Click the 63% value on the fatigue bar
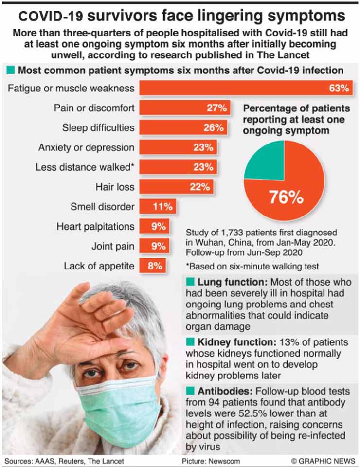click(x=339, y=89)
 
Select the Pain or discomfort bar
click(x=185, y=108)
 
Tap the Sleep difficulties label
click(x=98, y=128)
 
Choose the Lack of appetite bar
click(x=153, y=266)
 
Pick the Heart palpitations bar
click(x=155, y=227)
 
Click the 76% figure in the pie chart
click(x=287, y=198)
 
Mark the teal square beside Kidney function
click(x=190, y=342)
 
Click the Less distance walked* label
click(x=85, y=167)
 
